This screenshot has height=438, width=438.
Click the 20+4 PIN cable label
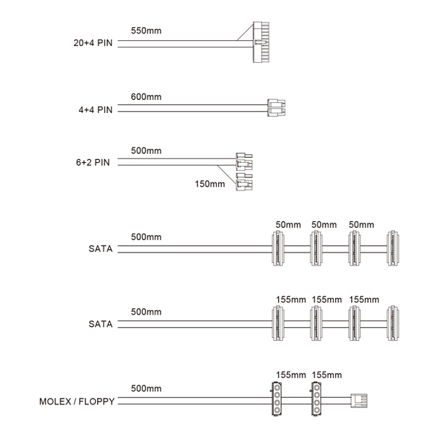(x=93, y=43)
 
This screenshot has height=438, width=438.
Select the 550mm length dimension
(x=146, y=31)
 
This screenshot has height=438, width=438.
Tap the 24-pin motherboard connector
(x=261, y=42)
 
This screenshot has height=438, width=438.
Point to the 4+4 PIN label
(x=95, y=109)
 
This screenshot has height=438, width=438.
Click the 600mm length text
(x=146, y=96)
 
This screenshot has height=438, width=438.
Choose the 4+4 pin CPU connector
(x=276, y=107)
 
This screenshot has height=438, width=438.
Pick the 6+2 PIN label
(x=93, y=162)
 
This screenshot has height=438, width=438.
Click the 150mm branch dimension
(x=210, y=184)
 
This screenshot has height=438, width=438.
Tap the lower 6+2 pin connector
(x=244, y=182)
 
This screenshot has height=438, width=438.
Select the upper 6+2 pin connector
(x=244, y=161)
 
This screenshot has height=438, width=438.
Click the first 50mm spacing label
(x=288, y=225)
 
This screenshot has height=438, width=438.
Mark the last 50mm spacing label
(x=361, y=225)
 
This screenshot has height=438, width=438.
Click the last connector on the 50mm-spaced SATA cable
(x=393, y=248)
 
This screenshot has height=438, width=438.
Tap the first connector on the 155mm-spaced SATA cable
(x=278, y=323)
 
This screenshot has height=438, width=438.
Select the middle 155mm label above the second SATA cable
(x=327, y=300)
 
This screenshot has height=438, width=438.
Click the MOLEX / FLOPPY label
(x=77, y=401)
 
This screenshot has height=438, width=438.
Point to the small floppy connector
(x=359, y=401)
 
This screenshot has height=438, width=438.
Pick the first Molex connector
(x=277, y=399)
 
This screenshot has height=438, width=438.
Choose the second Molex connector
(x=316, y=399)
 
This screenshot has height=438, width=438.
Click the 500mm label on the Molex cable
(x=146, y=388)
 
